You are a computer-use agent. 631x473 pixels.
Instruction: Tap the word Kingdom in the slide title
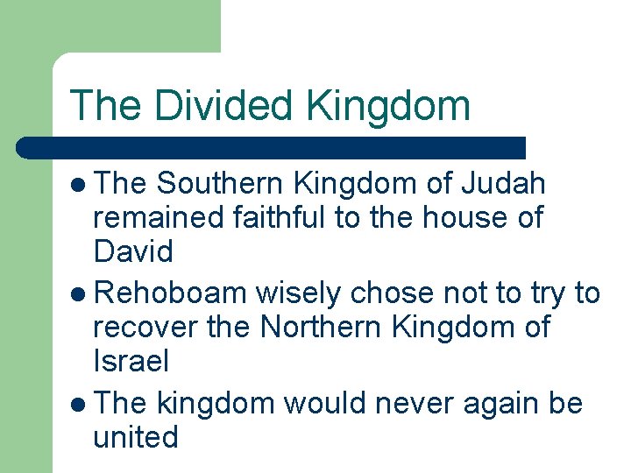coord(389,105)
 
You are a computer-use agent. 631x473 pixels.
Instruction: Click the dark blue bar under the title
coord(272,147)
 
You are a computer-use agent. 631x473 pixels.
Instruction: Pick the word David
coord(133,251)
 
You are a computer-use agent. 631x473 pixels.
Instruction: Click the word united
coord(135,436)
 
